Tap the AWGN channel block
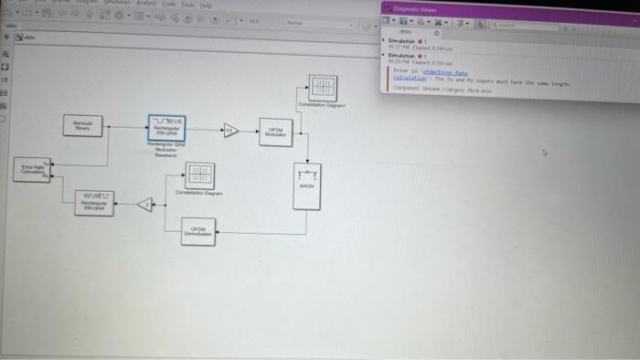[306, 185]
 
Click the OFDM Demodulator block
[198, 234]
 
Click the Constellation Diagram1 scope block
[322, 88]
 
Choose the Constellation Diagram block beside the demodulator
[198, 176]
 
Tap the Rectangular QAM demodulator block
[94, 202]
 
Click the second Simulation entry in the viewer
[404, 55]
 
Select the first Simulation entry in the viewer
[404, 41]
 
